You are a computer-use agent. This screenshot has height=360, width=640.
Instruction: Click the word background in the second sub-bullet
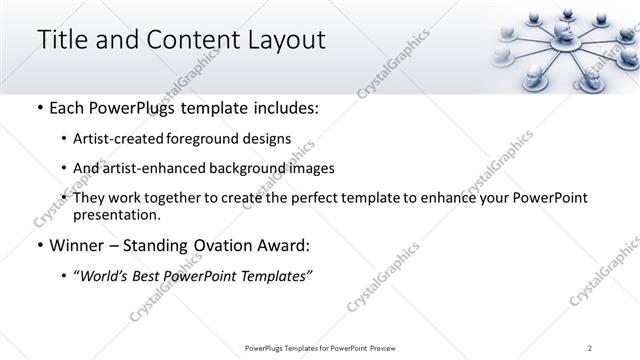point(256,168)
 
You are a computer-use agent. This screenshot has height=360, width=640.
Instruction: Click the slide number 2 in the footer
point(590,348)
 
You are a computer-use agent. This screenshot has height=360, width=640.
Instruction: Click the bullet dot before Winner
point(39,245)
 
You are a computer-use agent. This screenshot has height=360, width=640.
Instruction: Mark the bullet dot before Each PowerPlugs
point(39,109)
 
